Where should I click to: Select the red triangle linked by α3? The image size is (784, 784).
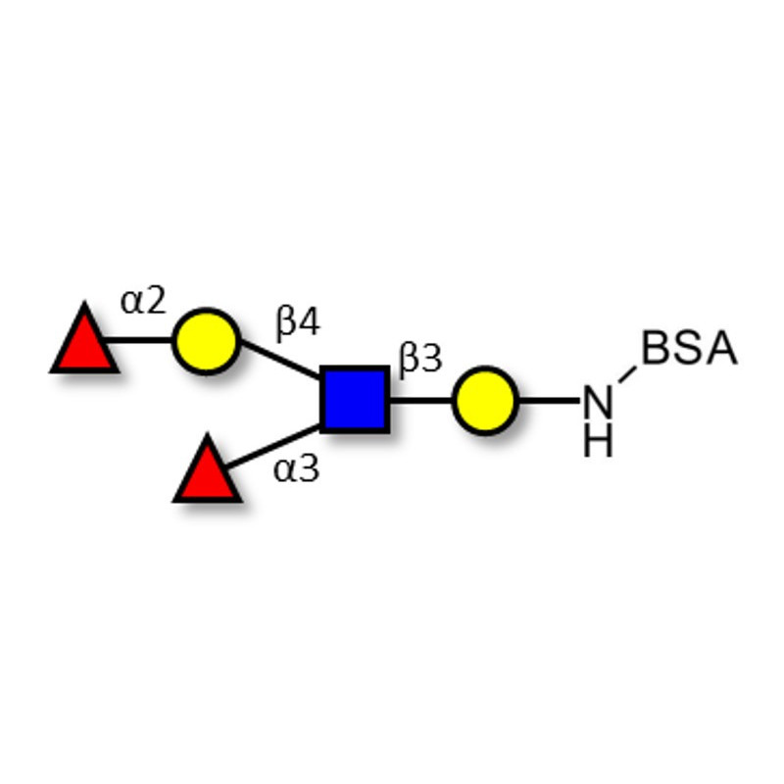(x=207, y=473)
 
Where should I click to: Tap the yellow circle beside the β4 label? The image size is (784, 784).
(x=206, y=341)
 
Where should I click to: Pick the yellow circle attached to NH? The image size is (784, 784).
(x=485, y=400)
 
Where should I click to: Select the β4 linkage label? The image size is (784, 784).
(x=298, y=321)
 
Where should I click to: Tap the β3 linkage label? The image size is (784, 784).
(x=420, y=359)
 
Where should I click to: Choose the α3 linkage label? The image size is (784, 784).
(x=296, y=469)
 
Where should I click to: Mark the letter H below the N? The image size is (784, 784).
(x=597, y=442)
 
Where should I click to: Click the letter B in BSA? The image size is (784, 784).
(x=658, y=349)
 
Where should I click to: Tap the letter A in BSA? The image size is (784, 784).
(x=720, y=349)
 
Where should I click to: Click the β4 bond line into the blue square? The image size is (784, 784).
(x=280, y=359)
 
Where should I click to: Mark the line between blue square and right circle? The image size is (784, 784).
(x=420, y=400)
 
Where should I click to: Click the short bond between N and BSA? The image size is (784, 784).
(x=627, y=373)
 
